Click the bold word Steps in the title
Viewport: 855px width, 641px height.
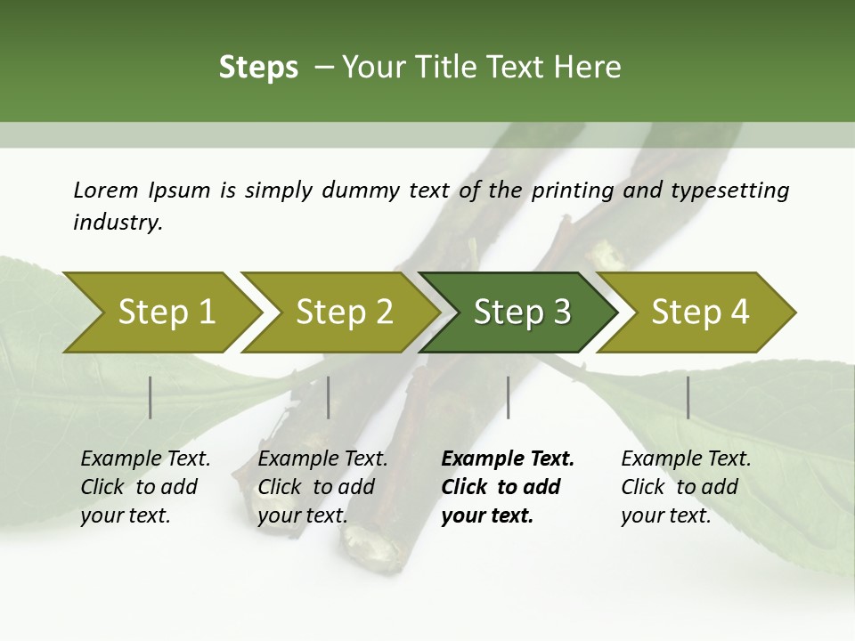[258, 68]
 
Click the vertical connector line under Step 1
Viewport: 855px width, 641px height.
[151, 397]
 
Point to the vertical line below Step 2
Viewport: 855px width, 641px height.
[329, 397]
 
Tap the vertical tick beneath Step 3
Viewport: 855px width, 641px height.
[509, 397]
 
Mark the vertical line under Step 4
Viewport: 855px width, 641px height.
[688, 397]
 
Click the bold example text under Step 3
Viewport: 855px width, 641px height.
[507, 487]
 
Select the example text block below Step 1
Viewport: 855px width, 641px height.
[145, 487]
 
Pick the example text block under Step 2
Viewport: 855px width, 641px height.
[322, 487]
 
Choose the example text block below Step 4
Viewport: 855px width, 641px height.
[686, 487]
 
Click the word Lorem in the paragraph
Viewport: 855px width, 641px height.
[106, 191]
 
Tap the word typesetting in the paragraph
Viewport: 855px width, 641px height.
[740, 191]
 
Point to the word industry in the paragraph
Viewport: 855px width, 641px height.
[117, 222]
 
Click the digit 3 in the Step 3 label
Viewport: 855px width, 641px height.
[561, 312]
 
